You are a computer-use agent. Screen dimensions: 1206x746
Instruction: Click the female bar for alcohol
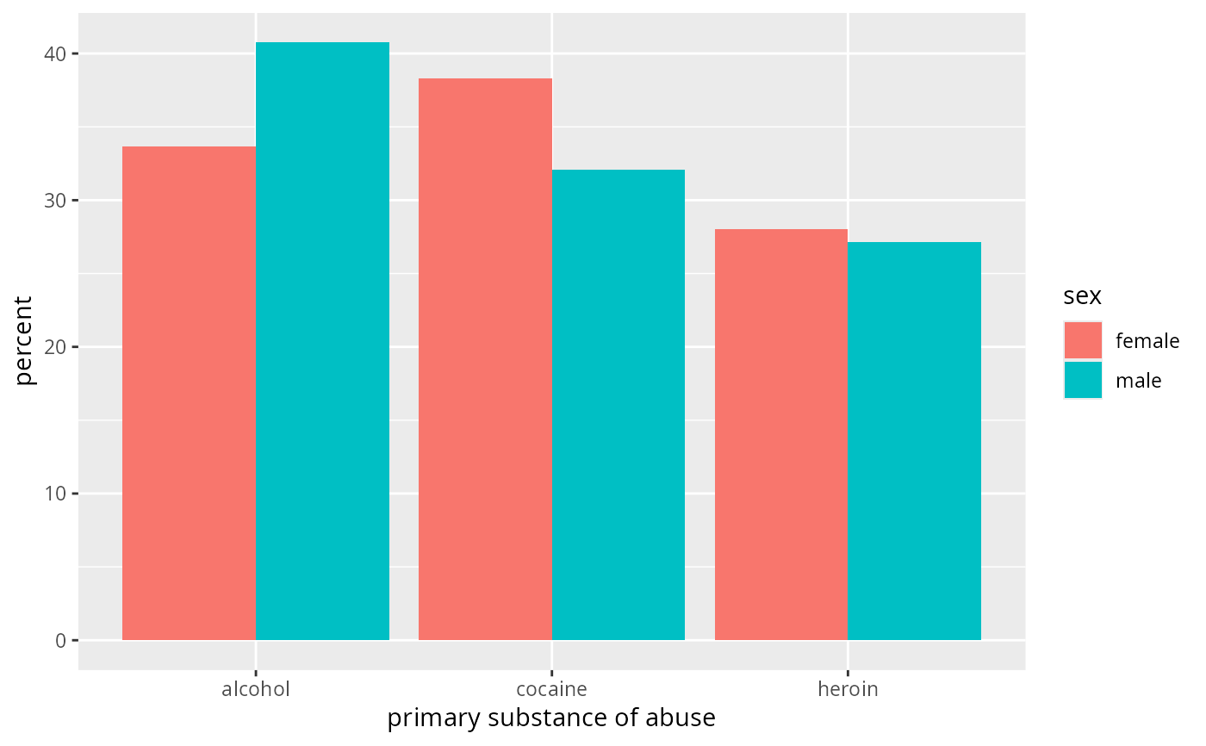[189, 393]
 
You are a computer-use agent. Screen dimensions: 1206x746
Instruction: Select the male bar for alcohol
[322, 341]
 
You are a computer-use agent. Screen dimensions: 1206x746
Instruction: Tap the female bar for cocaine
[485, 359]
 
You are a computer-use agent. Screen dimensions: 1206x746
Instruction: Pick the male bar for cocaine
[619, 405]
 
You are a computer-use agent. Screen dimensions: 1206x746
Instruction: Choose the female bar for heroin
[781, 434]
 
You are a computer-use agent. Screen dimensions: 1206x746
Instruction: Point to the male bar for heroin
[914, 441]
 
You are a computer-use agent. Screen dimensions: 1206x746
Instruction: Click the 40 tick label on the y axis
[55, 53]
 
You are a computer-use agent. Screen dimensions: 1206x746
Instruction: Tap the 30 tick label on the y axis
[55, 201]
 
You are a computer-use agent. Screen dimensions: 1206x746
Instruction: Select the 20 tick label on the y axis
[55, 347]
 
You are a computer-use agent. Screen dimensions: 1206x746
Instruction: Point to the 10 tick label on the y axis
[55, 494]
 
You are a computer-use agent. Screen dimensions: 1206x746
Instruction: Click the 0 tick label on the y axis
[61, 641]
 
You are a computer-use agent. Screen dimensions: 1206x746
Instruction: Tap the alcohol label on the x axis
[256, 689]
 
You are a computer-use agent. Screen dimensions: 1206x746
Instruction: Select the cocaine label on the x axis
[552, 689]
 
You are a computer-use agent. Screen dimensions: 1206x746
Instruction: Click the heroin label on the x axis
[848, 689]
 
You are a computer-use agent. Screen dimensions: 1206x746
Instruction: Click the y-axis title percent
[23, 341]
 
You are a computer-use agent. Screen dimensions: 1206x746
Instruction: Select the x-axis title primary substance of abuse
[551, 718]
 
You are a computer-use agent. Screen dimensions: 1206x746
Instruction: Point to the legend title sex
[1082, 296]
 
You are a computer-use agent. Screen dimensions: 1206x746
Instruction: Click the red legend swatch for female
[1084, 340]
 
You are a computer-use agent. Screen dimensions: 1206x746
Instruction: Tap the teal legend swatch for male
[1084, 380]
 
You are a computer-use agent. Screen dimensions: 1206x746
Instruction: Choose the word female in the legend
[1147, 341]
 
